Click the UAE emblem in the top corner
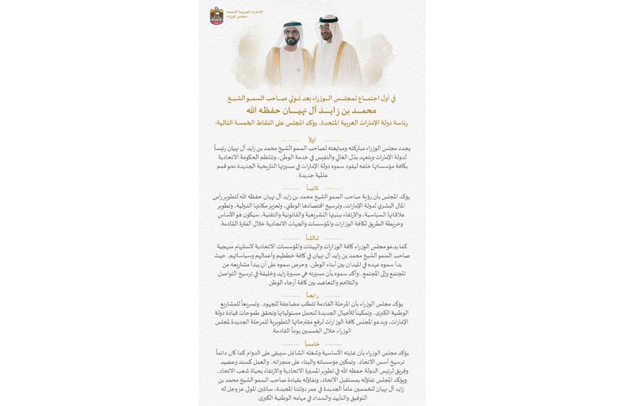216,15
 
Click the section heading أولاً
312,139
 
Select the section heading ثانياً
312,189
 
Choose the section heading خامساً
312,343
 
